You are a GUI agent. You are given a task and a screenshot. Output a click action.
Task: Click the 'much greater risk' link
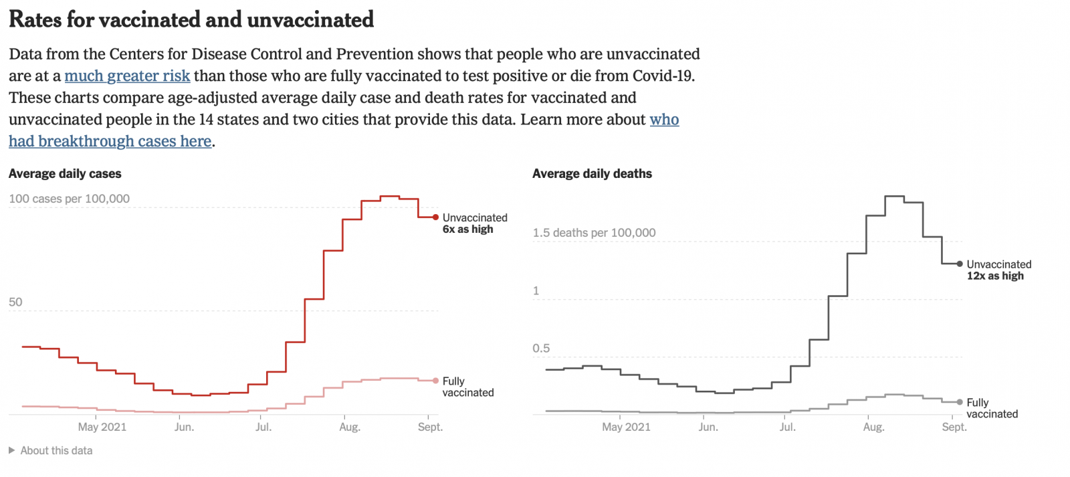pos(127,76)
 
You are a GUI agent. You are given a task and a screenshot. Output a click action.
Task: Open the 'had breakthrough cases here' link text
pos(110,142)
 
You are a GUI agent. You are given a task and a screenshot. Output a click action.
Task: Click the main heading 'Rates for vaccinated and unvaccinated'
pos(191,20)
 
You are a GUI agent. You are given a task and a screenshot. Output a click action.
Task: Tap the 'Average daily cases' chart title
pos(65,174)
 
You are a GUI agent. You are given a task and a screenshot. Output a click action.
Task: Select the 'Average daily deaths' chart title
pos(592,174)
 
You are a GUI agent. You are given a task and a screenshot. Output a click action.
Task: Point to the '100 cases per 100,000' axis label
pos(69,199)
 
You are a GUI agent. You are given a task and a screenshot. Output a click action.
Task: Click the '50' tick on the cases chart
pos(15,302)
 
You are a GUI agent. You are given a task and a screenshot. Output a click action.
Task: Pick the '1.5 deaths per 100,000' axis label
pos(594,233)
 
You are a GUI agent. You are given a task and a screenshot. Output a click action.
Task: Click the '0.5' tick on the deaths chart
pos(541,349)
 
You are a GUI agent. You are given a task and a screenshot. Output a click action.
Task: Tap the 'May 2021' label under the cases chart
pos(102,427)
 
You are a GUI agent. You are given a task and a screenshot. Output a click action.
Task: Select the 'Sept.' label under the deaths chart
pos(954,427)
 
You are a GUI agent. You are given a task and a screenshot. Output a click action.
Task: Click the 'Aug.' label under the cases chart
pos(350,427)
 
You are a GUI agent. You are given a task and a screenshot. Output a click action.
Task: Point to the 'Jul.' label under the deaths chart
pos(788,427)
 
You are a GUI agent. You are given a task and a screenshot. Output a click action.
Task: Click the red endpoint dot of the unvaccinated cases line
pos(436,217)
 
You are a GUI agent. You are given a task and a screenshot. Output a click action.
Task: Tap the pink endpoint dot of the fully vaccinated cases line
pos(436,381)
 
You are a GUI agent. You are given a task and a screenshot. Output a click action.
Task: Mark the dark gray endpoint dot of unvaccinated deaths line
pos(960,264)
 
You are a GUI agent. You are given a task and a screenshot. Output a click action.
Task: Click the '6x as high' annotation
pos(467,229)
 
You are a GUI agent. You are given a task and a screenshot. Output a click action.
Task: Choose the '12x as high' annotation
pos(995,276)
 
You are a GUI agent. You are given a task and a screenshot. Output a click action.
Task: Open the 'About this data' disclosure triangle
pos(11,451)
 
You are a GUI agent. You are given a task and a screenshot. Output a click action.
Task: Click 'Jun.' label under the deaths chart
pos(708,427)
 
